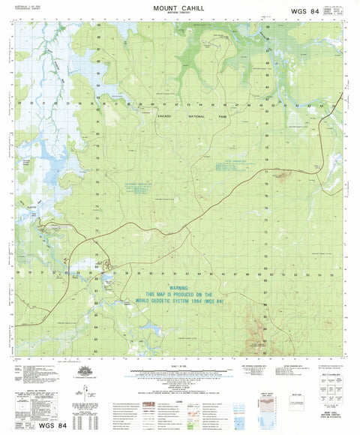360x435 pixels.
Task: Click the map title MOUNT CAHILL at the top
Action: tap(179, 7)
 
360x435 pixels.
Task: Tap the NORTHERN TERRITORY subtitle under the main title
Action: tap(179, 14)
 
